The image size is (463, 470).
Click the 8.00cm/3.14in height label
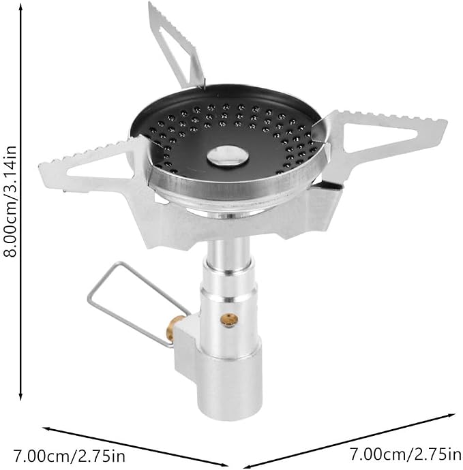[10, 201]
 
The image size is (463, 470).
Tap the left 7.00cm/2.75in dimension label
[69, 456]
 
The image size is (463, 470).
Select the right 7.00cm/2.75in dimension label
[406, 454]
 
